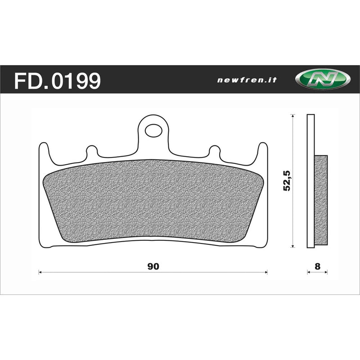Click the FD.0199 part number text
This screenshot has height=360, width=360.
[58, 81]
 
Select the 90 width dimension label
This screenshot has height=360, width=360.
[153, 265]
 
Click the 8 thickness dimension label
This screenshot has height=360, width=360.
[317, 265]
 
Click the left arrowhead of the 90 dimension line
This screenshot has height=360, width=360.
[41, 272]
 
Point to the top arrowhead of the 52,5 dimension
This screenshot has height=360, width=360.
[293, 116]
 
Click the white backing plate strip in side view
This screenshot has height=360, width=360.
[310, 180]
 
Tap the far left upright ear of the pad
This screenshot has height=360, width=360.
[44, 151]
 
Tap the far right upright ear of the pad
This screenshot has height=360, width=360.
[263, 151]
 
